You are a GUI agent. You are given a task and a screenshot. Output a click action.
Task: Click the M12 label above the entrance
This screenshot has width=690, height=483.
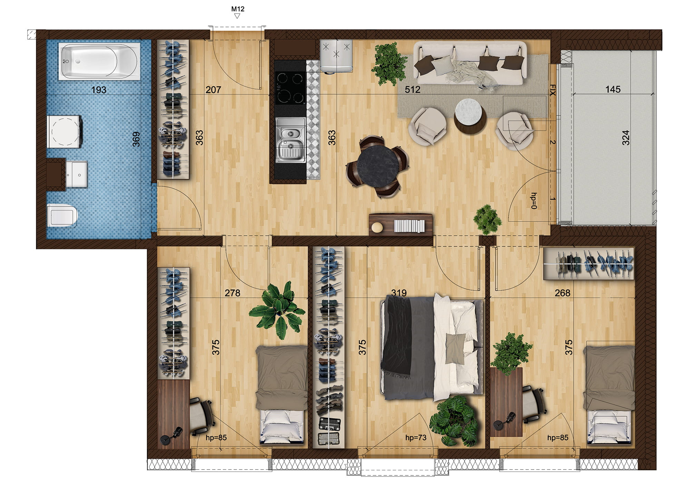(x=238, y=9)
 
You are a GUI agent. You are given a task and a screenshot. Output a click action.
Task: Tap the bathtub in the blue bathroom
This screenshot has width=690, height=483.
(x=99, y=61)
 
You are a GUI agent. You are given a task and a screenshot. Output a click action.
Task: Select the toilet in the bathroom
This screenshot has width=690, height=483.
(x=62, y=216)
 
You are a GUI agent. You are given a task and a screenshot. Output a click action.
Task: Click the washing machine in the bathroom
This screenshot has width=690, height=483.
(x=65, y=131)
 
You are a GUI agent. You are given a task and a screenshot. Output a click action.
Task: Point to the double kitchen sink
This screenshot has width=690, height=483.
(x=291, y=140)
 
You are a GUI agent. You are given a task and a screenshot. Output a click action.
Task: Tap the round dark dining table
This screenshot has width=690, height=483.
(x=377, y=167)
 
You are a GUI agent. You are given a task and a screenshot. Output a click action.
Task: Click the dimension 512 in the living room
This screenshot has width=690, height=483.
(x=413, y=90)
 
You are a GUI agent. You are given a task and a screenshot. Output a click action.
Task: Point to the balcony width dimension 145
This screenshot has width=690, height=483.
(x=613, y=89)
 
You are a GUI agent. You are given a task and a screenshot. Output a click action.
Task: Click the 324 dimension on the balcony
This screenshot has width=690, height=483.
(x=625, y=138)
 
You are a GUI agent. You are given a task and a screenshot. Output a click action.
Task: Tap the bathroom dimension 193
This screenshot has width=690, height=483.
(x=99, y=90)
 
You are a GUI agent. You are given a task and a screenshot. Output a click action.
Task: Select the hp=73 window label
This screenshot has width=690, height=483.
(x=416, y=438)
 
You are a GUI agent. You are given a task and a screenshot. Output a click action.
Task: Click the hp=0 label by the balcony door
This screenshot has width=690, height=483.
(x=534, y=201)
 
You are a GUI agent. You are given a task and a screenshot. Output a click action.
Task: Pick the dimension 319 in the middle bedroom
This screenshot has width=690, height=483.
(x=399, y=293)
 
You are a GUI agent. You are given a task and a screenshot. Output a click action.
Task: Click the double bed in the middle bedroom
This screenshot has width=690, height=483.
(x=432, y=348)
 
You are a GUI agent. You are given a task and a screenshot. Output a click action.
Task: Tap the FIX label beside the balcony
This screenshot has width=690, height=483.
(x=552, y=90)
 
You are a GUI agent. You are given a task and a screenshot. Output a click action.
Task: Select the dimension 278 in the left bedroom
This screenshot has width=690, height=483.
(x=232, y=293)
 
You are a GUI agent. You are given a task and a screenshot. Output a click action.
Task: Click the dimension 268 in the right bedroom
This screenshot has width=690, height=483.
(x=562, y=293)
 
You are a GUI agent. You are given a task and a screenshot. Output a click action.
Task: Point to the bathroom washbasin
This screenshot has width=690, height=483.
(x=77, y=175)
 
